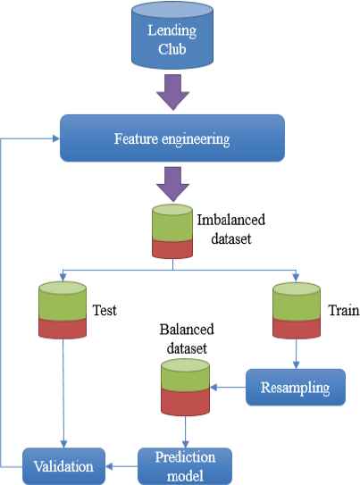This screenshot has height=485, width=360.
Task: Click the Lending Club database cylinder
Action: point(172,35)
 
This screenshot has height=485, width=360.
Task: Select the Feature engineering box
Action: point(172,138)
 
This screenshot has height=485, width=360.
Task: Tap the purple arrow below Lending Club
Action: point(172,92)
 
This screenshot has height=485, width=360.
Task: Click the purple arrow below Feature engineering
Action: point(172,184)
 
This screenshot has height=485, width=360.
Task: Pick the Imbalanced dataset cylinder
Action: point(172,231)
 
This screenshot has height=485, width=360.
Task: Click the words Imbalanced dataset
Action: point(231,230)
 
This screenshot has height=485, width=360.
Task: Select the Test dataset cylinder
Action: point(63,310)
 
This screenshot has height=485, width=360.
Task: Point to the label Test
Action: point(105,310)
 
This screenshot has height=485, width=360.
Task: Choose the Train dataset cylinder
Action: point(297,310)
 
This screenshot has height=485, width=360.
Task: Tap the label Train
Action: point(344,310)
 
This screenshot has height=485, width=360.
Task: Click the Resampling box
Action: point(296,387)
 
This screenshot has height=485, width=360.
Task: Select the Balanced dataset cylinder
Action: point(185,388)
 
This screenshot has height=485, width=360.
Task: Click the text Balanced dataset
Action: point(187,339)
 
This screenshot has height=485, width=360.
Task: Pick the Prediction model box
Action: point(185,466)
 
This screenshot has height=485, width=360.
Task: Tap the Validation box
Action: point(63,466)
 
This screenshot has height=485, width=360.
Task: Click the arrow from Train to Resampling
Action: point(297,354)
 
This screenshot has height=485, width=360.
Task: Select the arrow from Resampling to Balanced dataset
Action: point(228,387)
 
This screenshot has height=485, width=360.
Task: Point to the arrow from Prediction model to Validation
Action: point(121,466)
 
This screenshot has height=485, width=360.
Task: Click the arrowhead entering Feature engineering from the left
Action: point(56,138)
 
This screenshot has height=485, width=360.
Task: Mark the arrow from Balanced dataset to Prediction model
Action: point(185,431)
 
